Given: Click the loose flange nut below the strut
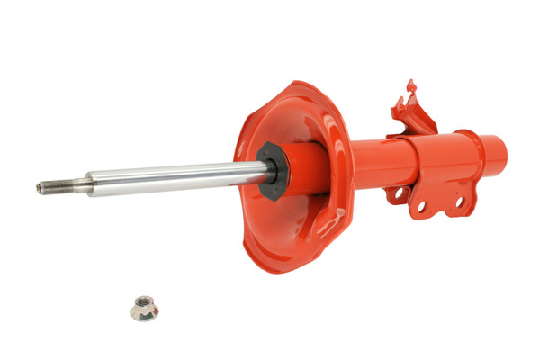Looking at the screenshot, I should tap(144, 310).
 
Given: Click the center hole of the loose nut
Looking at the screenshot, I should tap(143, 307).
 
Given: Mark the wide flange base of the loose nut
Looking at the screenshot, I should tap(144, 317).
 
